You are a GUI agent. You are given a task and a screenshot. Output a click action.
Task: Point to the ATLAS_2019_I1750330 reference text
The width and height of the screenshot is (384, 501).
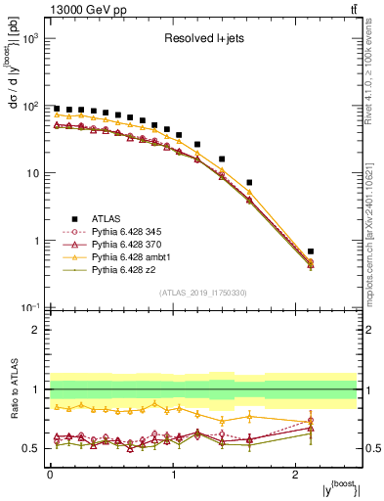(202, 294)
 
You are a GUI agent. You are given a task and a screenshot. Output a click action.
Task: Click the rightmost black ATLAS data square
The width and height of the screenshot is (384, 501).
(337, 251)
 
